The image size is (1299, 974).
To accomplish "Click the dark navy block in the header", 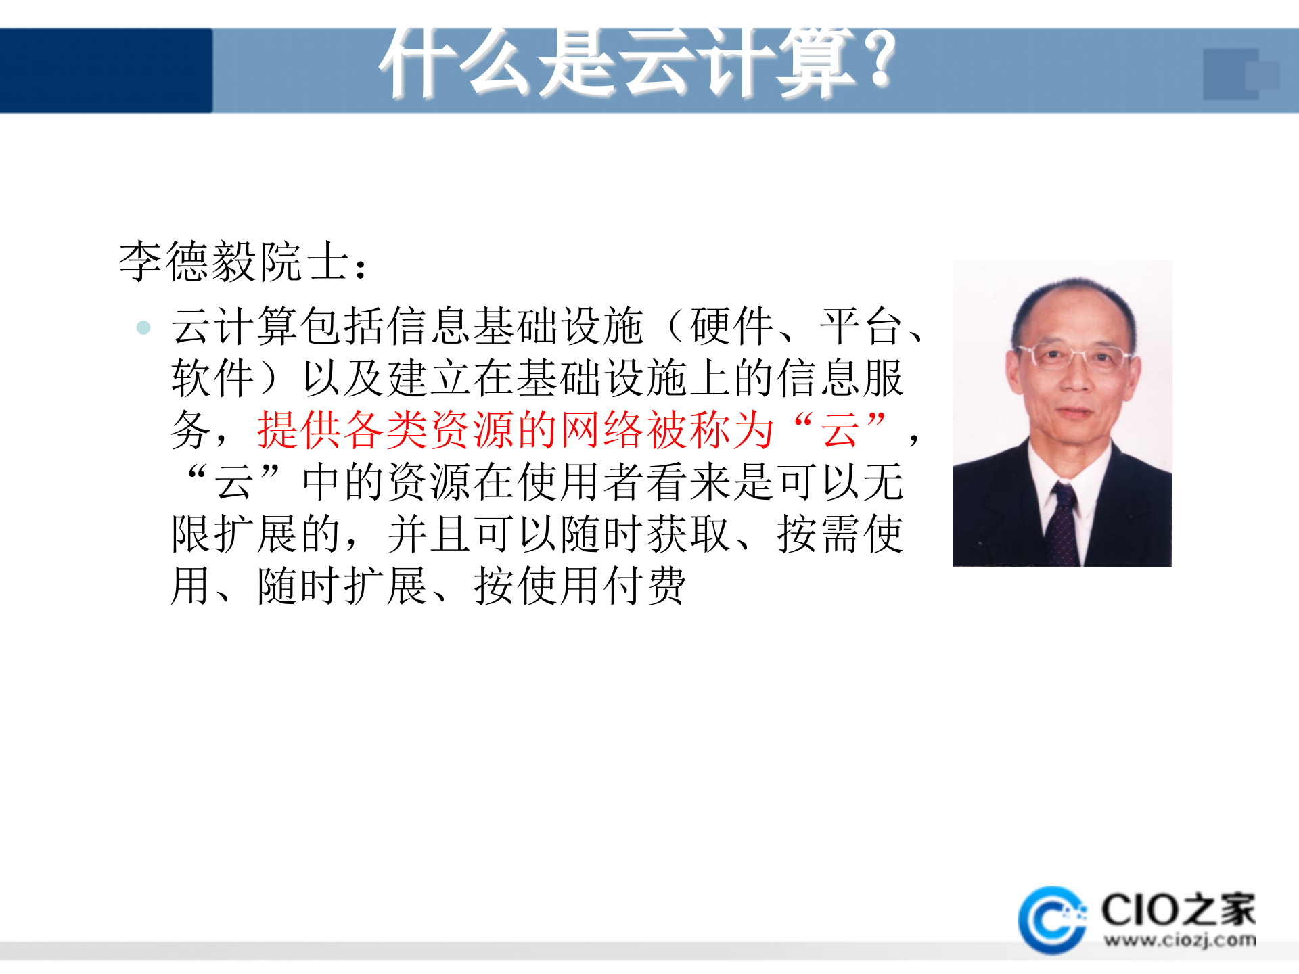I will tap(106, 70).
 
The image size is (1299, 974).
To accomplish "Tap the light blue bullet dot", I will tap(143, 328).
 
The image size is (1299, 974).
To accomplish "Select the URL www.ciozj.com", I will tap(1179, 941).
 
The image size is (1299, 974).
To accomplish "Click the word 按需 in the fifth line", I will tap(819, 534).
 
